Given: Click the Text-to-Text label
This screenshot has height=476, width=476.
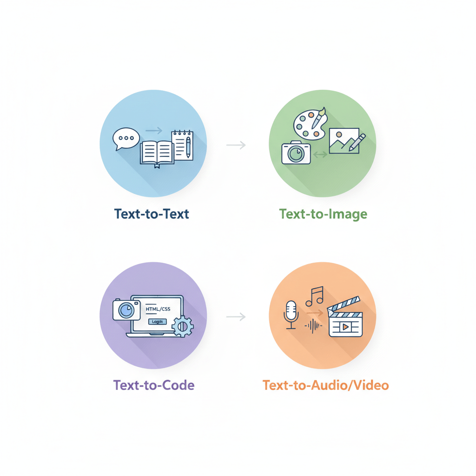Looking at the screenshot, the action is [152, 214].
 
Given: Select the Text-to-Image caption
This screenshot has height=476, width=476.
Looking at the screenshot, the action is [323, 214].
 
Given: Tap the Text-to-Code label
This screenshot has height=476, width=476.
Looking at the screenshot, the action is [154, 385].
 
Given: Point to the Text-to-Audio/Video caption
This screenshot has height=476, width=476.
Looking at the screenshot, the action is [325, 385].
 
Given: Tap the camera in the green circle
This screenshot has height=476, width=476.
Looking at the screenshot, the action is [296, 152].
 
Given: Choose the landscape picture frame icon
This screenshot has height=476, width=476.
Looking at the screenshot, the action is [344, 140].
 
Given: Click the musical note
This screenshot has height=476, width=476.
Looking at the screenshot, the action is [315, 296].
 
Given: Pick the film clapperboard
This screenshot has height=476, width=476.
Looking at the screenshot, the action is [344, 318].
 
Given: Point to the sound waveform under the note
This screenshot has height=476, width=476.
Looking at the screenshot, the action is [313, 326].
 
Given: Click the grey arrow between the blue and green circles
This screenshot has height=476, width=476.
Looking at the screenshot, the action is [236, 145].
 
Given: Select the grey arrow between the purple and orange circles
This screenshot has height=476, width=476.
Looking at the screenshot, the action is [236, 317].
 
